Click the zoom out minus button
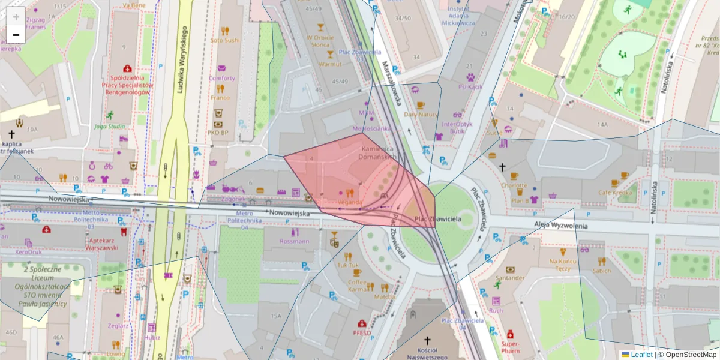[x=16, y=35]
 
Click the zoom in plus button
[x=16, y=16]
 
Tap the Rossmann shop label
[x=295, y=241]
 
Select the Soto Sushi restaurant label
[x=225, y=40]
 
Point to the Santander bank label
[x=511, y=278]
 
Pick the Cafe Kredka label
[x=616, y=193]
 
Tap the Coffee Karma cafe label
[x=358, y=286]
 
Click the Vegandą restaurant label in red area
[x=350, y=202]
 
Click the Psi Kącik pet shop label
[x=470, y=86]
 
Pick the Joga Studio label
[x=109, y=126]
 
